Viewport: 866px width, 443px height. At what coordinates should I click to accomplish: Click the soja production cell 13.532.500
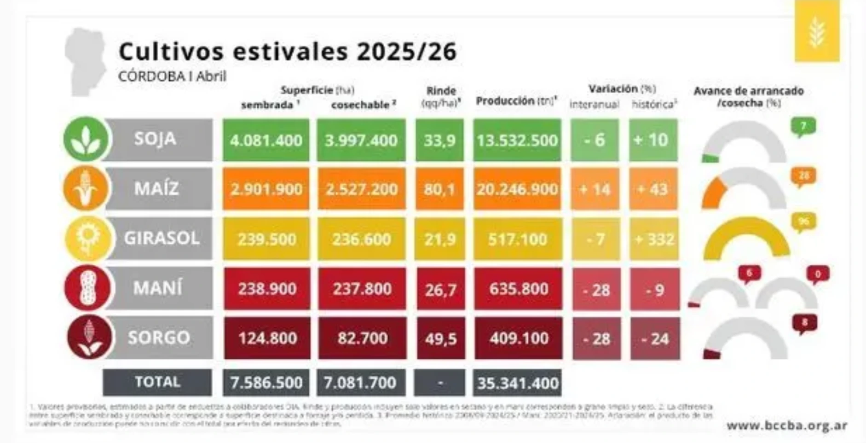(x=517, y=140)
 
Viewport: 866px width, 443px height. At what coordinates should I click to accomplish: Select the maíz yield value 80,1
(x=439, y=189)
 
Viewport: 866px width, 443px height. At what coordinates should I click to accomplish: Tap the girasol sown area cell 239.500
(x=266, y=239)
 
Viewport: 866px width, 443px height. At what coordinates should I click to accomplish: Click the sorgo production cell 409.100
(x=519, y=338)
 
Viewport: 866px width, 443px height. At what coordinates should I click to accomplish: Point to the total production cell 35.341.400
(x=517, y=383)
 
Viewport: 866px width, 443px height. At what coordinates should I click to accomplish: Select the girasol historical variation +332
(x=654, y=239)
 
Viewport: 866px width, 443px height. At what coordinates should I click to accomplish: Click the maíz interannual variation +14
(x=595, y=189)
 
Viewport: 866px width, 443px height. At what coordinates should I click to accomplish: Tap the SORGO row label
(x=159, y=338)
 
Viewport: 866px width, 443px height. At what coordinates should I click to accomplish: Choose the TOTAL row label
(x=157, y=382)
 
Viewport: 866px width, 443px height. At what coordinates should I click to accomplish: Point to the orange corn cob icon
(x=86, y=189)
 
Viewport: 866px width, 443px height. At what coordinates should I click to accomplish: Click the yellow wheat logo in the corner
(x=817, y=31)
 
